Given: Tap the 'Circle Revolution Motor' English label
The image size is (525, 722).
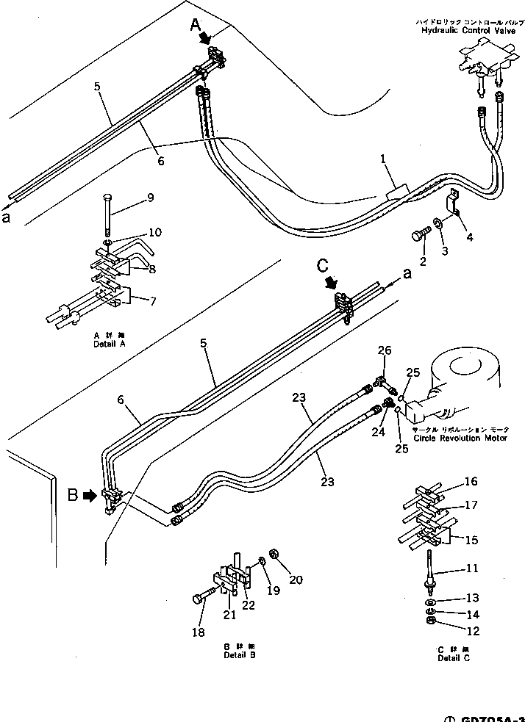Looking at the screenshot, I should pos(460,438).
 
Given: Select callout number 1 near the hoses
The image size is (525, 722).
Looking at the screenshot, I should pos(383,158).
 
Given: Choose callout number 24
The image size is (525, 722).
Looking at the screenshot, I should pos(379,433).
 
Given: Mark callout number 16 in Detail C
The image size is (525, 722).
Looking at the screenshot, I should pos(470,481).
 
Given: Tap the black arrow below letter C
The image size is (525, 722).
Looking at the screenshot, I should pos(330,281).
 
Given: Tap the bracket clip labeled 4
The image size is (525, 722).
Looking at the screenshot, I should pos(455,202).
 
